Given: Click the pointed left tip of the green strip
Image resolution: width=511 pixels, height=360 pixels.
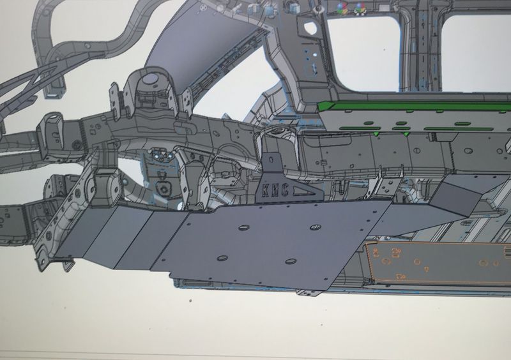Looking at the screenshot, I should coord(323,105).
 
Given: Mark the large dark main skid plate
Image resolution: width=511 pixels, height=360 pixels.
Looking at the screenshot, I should coord(268,239).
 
